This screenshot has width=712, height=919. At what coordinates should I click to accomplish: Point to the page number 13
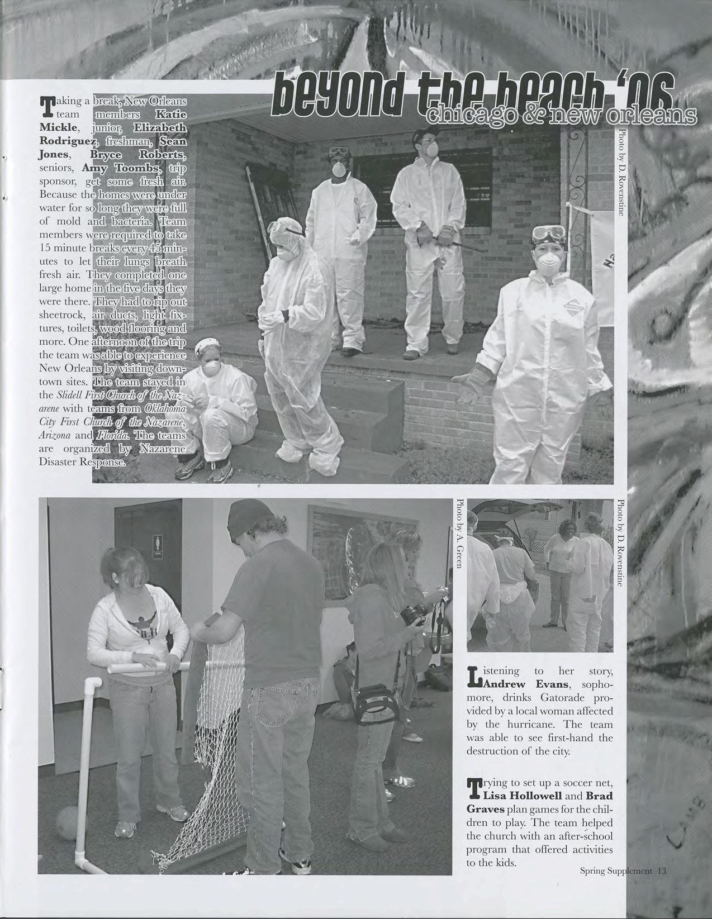(x=663, y=870)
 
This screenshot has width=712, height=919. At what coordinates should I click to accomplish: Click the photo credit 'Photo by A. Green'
(x=460, y=534)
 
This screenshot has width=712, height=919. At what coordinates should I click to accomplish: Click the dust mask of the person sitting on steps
(x=211, y=368)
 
